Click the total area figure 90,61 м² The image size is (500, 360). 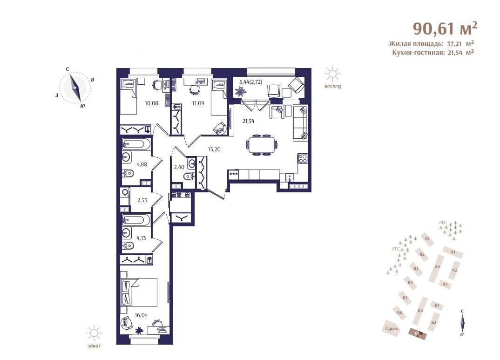445,28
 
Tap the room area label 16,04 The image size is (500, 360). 141,315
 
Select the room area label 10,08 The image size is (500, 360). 151,103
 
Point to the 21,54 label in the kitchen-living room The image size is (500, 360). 248,121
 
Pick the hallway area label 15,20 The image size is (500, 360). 214,149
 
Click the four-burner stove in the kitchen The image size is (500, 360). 303,158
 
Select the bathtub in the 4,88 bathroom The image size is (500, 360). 136,144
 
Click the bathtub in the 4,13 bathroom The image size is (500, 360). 136,220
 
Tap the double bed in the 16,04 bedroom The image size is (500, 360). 139,292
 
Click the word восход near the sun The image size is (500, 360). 332,86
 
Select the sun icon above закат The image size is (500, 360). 94,333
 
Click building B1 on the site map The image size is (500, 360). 427,239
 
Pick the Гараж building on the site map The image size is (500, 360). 392,328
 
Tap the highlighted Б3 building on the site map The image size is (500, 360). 418,333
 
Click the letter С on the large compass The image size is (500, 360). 68,69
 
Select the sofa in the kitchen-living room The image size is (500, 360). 300,123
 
